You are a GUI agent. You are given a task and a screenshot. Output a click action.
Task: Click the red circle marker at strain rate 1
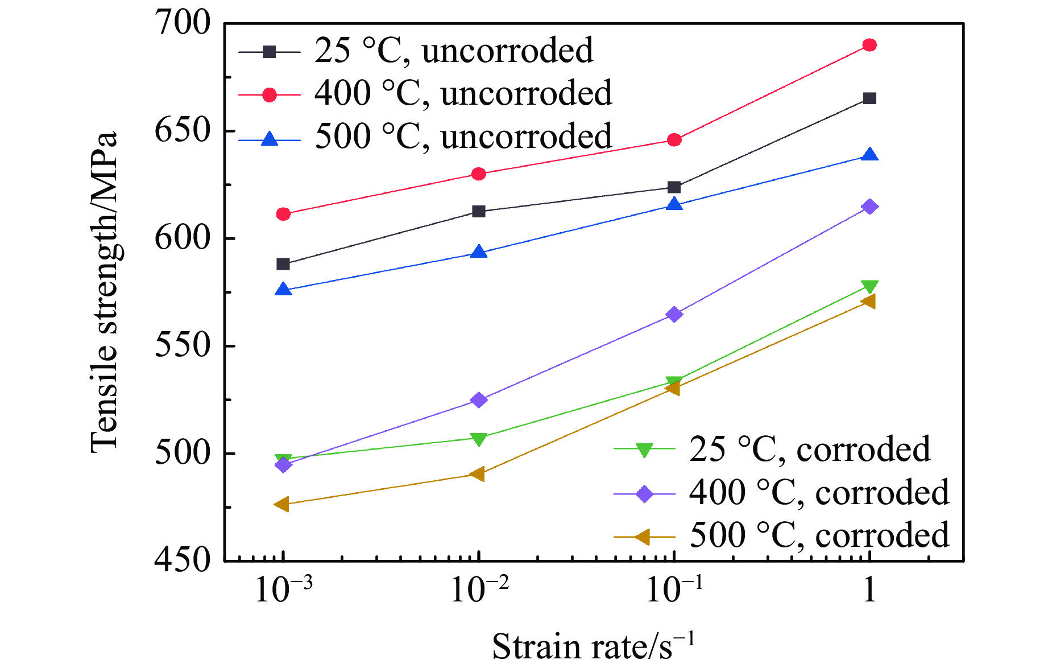869,45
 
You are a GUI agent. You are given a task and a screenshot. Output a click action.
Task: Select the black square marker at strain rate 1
869,98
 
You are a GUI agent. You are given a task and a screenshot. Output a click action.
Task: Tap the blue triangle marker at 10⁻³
283,290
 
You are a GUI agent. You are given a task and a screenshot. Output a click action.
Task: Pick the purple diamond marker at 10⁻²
479,400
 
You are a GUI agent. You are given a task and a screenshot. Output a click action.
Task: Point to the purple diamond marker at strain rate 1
869,207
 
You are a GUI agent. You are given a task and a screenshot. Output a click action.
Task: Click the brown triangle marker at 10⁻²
478,474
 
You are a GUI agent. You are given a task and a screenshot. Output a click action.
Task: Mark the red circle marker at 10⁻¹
674,140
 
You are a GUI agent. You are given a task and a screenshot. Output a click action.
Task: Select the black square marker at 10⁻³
283,264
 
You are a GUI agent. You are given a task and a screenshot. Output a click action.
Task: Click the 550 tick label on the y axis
182,346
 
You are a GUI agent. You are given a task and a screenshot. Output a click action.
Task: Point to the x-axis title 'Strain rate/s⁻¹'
593,646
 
